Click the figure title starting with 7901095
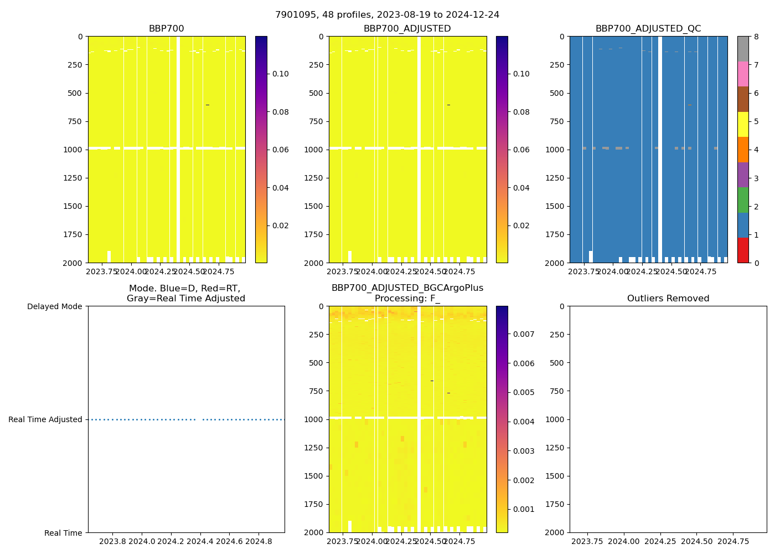(387, 15)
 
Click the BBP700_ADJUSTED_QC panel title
(648, 29)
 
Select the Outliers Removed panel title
(668, 299)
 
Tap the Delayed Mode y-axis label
(54, 306)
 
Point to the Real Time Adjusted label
(45, 419)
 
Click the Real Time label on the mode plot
(63, 533)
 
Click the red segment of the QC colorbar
(743, 250)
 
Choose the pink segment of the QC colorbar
(743, 74)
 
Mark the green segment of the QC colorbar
(743, 199)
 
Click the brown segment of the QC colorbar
(743, 99)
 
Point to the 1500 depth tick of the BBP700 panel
(73, 206)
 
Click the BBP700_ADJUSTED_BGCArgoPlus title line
(407, 288)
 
